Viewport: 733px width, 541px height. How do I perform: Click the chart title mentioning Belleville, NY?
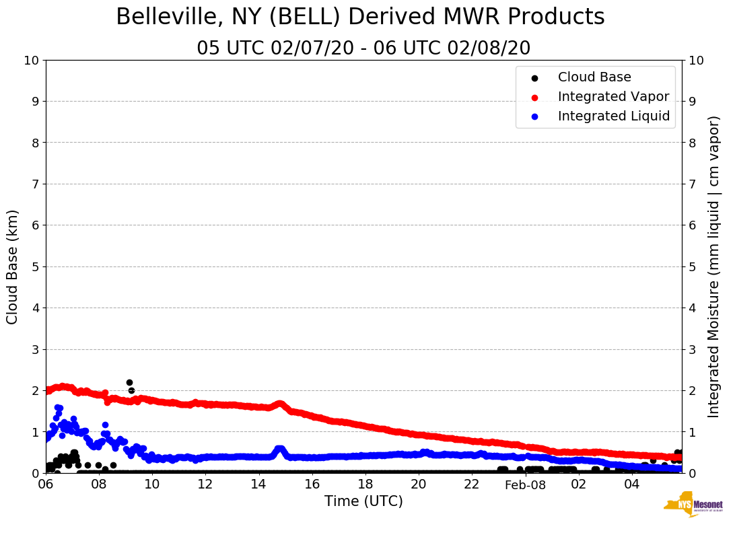[360, 17]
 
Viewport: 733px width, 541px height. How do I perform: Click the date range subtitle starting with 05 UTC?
[363, 48]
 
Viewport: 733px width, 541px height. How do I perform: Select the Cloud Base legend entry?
[594, 77]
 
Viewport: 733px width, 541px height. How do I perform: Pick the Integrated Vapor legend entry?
[613, 97]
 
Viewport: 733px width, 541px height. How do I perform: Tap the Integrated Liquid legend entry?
[613, 116]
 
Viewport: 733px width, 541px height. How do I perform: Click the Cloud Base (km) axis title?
[13, 266]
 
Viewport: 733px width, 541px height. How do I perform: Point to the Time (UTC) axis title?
[363, 501]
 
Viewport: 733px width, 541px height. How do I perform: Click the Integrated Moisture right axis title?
[714, 266]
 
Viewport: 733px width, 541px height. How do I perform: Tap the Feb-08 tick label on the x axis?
[525, 484]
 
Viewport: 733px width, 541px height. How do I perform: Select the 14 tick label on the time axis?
[259, 484]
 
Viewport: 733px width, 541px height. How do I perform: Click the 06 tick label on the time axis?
[46, 484]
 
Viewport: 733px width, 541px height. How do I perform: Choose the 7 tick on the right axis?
[692, 184]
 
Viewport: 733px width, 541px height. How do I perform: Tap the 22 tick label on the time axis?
[472, 484]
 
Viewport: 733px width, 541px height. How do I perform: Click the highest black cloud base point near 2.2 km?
[129, 382]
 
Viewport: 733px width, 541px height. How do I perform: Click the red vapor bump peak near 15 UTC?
[280, 404]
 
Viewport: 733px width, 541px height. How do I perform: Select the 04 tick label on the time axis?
[631, 484]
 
